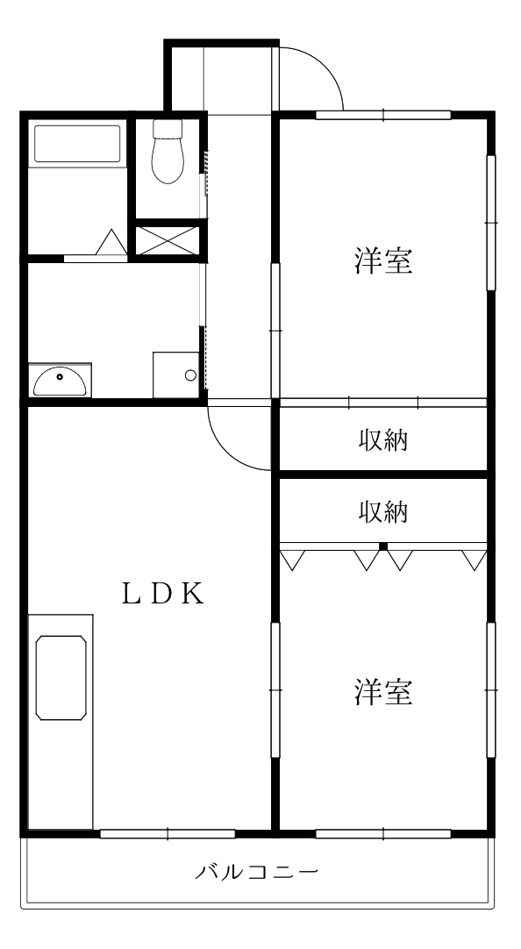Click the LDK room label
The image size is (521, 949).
click(x=163, y=594)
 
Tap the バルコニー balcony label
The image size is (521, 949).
click(x=256, y=873)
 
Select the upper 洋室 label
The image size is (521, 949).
click(x=384, y=260)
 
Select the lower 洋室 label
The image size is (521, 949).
click(x=384, y=692)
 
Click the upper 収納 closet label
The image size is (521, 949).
click(x=383, y=439)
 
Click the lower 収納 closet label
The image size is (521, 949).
click(x=383, y=511)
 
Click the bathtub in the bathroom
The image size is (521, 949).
click(x=76, y=145)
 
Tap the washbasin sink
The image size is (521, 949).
click(x=60, y=382)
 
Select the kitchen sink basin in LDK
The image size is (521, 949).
click(x=61, y=679)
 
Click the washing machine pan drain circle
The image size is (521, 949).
click(x=190, y=376)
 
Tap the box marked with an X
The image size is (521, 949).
click(x=168, y=241)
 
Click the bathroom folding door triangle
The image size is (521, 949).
click(x=111, y=242)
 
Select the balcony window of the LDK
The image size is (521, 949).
click(x=167, y=833)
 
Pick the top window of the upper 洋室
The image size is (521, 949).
click(x=383, y=114)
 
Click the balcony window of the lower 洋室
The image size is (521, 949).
click(x=383, y=833)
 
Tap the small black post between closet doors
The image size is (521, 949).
click(x=383, y=546)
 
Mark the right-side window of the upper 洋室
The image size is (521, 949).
click(x=491, y=224)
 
